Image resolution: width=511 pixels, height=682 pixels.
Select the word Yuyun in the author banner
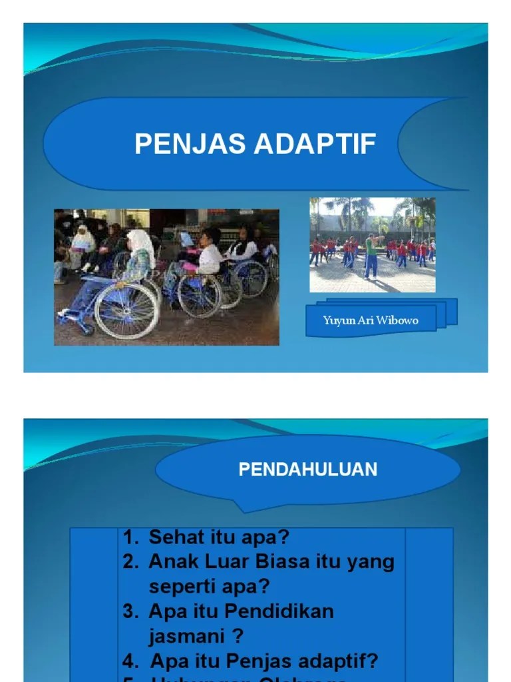(x=337, y=320)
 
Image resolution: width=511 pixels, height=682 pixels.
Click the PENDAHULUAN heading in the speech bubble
(x=307, y=470)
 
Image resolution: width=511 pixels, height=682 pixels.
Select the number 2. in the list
(x=131, y=562)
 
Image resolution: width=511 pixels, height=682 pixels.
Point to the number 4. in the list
(x=131, y=661)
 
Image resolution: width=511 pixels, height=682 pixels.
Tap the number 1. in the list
(x=131, y=537)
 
